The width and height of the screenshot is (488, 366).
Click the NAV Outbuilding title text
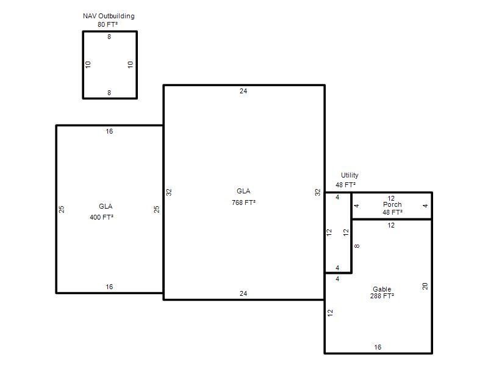tap(109, 16)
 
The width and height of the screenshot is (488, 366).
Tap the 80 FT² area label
tap(108, 24)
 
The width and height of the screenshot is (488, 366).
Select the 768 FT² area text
tap(243, 203)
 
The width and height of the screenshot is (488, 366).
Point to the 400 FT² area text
tap(101, 217)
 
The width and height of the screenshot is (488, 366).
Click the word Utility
tap(350, 175)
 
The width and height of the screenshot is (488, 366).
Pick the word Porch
tap(392, 204)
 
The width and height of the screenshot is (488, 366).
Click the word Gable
tap(382, 289)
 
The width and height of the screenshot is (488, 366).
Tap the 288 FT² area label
tap(382, 296)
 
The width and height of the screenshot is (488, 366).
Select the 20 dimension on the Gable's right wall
tap(425, 286)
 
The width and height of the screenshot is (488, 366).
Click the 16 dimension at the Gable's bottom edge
tap(378, 347)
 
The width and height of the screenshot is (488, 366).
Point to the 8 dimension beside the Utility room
tap(357, 246)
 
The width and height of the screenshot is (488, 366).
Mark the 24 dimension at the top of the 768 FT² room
tap(243, 91)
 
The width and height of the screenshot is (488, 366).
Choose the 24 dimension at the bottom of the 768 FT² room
tap(243, 293)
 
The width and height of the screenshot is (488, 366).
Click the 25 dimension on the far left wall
tap(62, 209)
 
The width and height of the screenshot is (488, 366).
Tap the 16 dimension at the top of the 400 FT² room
tap(109, 131)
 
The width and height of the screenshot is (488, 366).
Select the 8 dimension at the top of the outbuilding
tap(109, 37)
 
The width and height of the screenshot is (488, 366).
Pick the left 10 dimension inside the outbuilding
tap(88, 65)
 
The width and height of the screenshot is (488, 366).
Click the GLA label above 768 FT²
tap(243, 191)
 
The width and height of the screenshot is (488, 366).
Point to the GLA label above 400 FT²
tap(106, 206)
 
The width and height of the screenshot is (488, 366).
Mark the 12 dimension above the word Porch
tap(391, 198)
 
